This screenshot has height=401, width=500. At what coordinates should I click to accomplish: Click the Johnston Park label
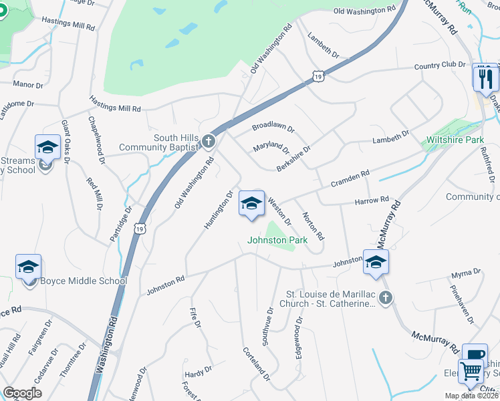click(x=277, y=240)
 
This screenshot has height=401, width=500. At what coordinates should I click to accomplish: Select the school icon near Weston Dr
click(x=251, y=204)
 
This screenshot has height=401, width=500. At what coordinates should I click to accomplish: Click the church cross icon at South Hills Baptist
click(x=209, y=141)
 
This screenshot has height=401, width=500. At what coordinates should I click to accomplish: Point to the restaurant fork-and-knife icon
click(x=485, y=78)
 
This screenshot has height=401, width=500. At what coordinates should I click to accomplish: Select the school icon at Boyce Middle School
click(x=29, y=267)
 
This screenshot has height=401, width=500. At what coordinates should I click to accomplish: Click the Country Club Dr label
click(x=439, y=65)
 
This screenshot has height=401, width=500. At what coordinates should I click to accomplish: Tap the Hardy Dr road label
click(x=199, y=368)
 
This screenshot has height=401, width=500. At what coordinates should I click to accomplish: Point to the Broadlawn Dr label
click(x=273, y=126)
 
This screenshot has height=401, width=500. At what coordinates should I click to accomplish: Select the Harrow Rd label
click(x=372, y=200)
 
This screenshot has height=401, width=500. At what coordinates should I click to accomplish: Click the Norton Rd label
click(x=313, y=227)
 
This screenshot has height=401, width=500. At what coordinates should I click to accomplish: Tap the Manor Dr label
click(x=28, y=86)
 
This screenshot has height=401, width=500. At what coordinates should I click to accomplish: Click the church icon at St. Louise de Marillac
click(x=385, y=298)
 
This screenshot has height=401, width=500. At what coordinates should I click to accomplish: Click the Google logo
click(x=22, y=394)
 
